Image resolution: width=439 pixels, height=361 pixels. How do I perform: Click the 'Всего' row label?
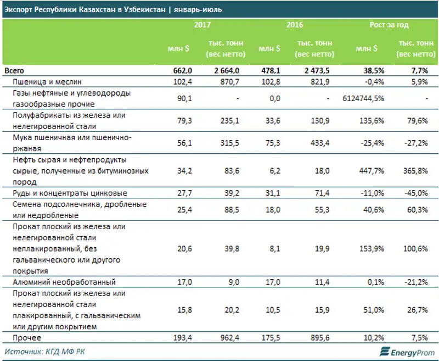click(x=14, y=71)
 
